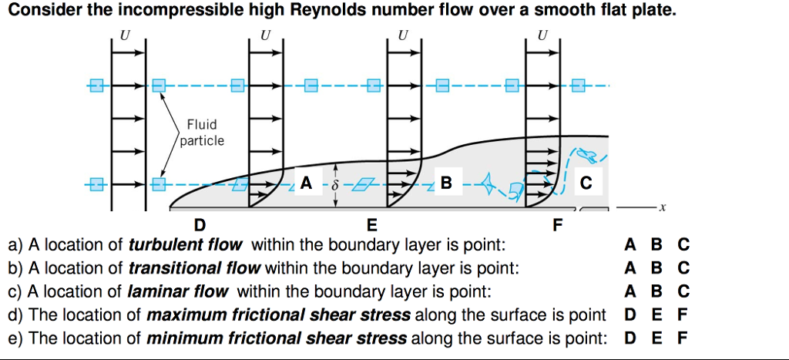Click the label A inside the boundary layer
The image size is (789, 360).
pyautogui.click(x=307, y=183)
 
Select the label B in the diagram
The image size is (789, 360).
pyautogui.click(x=446, y=183)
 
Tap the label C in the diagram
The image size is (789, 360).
pyautogui.click(x=587, y=183)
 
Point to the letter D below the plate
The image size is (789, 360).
pyautogui.click(x=200, y=225)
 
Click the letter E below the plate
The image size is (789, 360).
pyautogui.click(x=372, y=225)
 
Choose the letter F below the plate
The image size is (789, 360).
pyautogui.click(x=559, y=225)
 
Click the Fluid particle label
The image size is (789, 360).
pyautogui.click(x=202, y=133)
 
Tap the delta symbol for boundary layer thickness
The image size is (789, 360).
pyautogui.click(x=335, y=185)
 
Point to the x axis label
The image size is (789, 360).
pyautogui.click(x=661, y=207)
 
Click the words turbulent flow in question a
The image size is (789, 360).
pyautogui.click(x=185, y=246)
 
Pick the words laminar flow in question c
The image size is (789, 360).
pyautogui.click(x=179, y=292)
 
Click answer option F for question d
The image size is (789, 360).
pyautogui.click(x=681, y=315)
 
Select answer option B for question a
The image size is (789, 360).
pyautogui.click(x=656, y=246)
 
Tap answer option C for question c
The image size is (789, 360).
pyautogui.click(x=683, y=292)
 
